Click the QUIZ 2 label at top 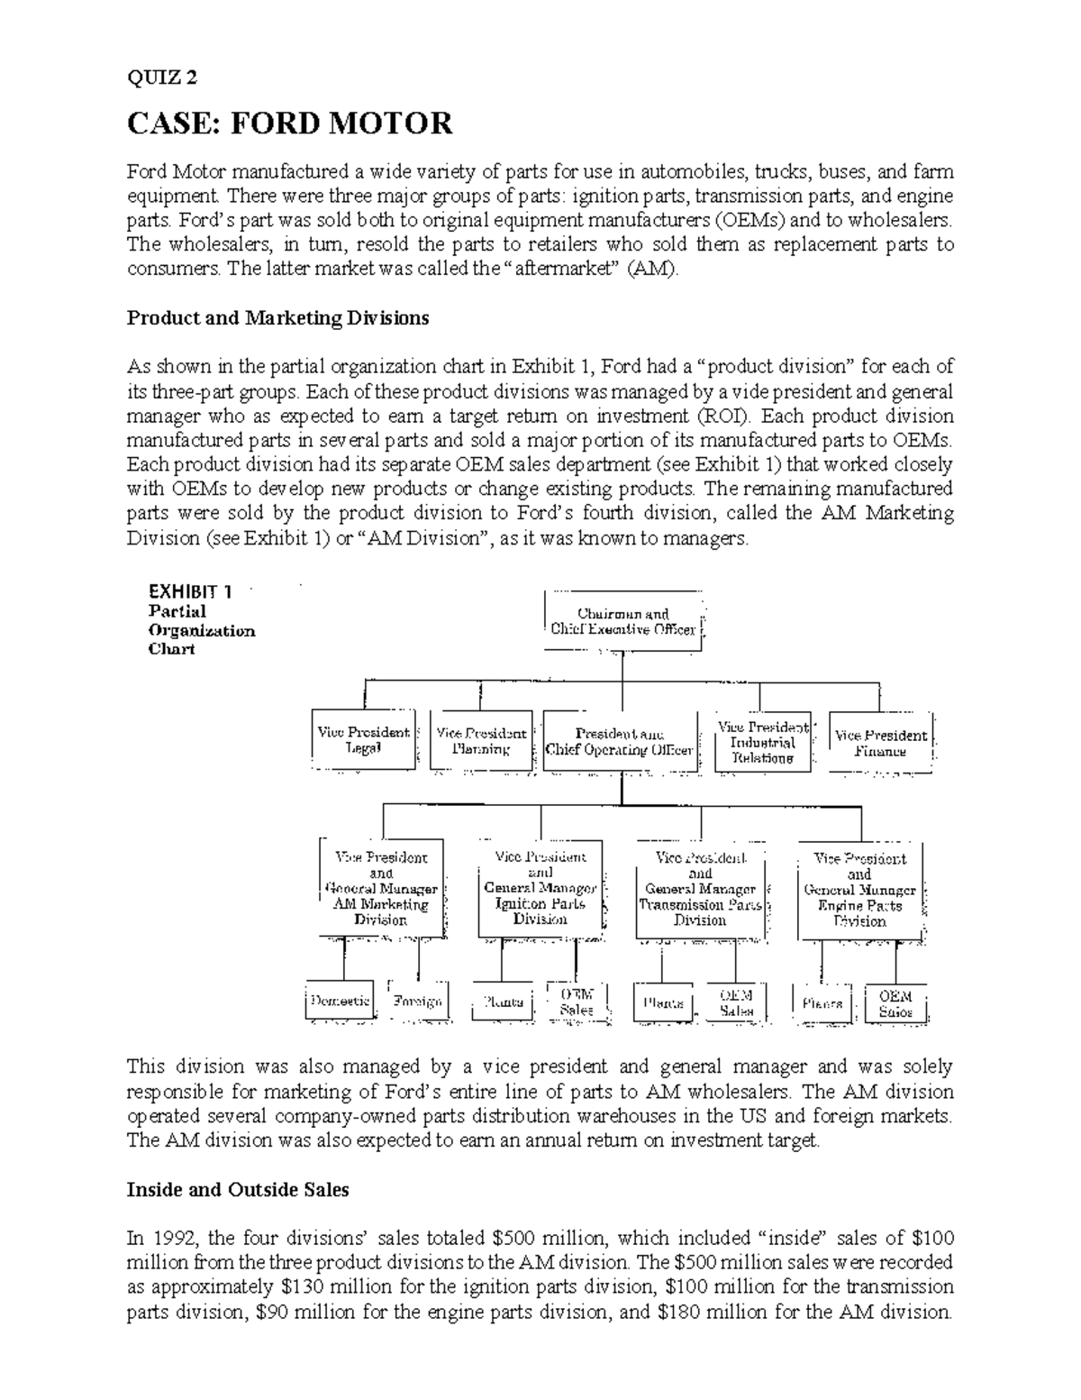(161, 78)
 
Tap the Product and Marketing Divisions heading (278, 317)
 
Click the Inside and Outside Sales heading (238, 1189)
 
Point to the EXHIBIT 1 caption (190, 592)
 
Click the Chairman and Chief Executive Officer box (623, 621)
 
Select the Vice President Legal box (364, 740)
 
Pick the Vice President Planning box (481, 740)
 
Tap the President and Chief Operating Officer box (620, 742)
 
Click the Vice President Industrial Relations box (762, 742)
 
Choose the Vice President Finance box (880, 742)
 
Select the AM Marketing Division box (381, 888)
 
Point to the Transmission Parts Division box (700, 889)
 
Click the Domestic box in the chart (340, 1001)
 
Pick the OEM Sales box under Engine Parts (895, 1003)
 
